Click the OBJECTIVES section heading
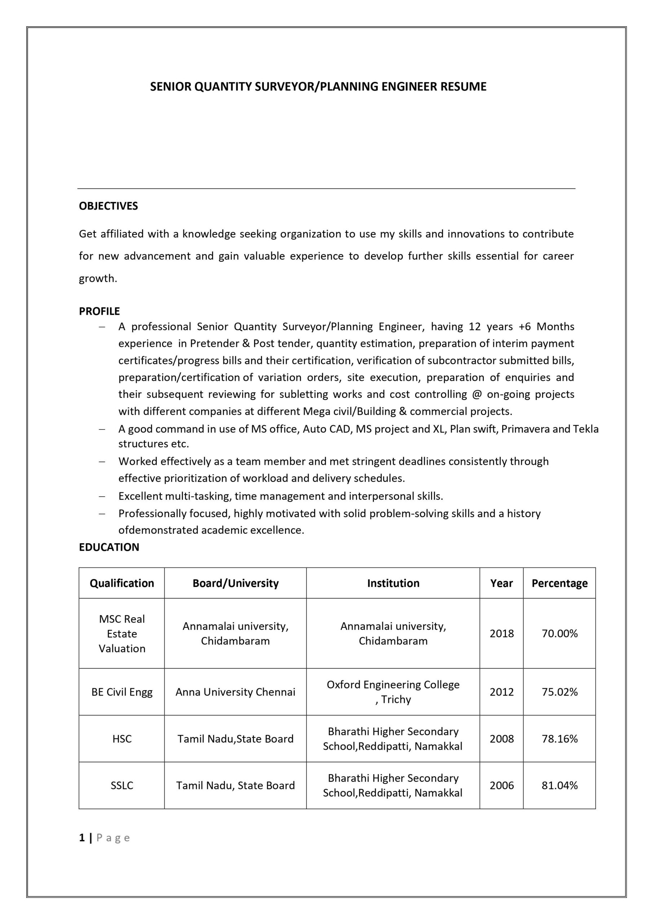108,206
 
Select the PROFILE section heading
99,311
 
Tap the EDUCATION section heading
109,547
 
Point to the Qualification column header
122,583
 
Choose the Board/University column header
235,583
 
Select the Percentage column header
559,583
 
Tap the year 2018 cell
502,633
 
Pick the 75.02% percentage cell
559,692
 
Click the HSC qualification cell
122,738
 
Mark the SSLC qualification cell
122,785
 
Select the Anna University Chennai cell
235,692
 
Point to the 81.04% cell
559,785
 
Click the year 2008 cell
502,738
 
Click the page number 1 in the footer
82,837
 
